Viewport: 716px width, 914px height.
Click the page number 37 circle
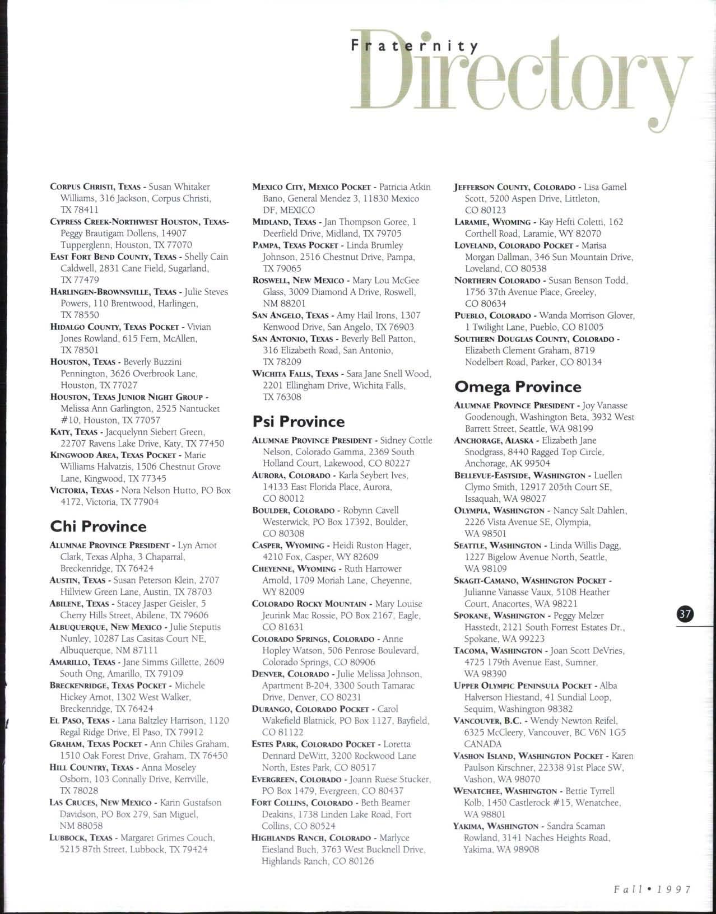(685, 614)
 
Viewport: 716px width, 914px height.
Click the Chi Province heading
(98, 526)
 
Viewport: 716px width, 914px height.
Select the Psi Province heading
(299, 421)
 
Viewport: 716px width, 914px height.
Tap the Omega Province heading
(518, 386)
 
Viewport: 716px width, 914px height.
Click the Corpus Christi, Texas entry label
(95, 187)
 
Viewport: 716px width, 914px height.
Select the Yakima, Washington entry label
(496, 826)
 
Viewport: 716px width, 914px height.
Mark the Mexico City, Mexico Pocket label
(311, 187)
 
